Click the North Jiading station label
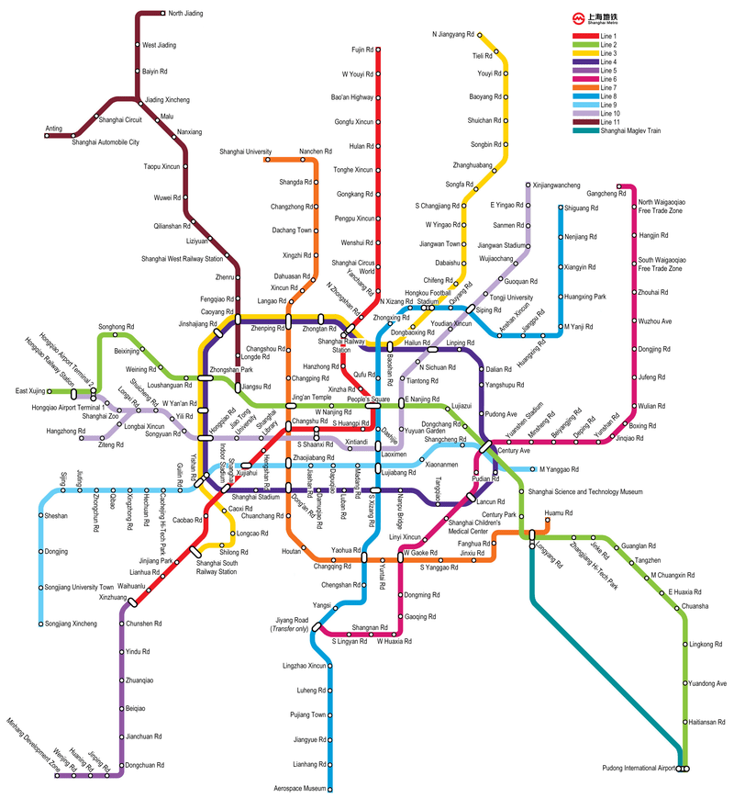tap(186, 14)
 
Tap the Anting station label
tap(54, 129)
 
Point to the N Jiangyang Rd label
tap(453, 35)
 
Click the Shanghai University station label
tap(245, 152)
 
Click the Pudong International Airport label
tap(639, 768)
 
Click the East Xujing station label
tap(29, 391)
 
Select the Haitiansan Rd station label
tap(707, 721)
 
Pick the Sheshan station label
tap(56, 516)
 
